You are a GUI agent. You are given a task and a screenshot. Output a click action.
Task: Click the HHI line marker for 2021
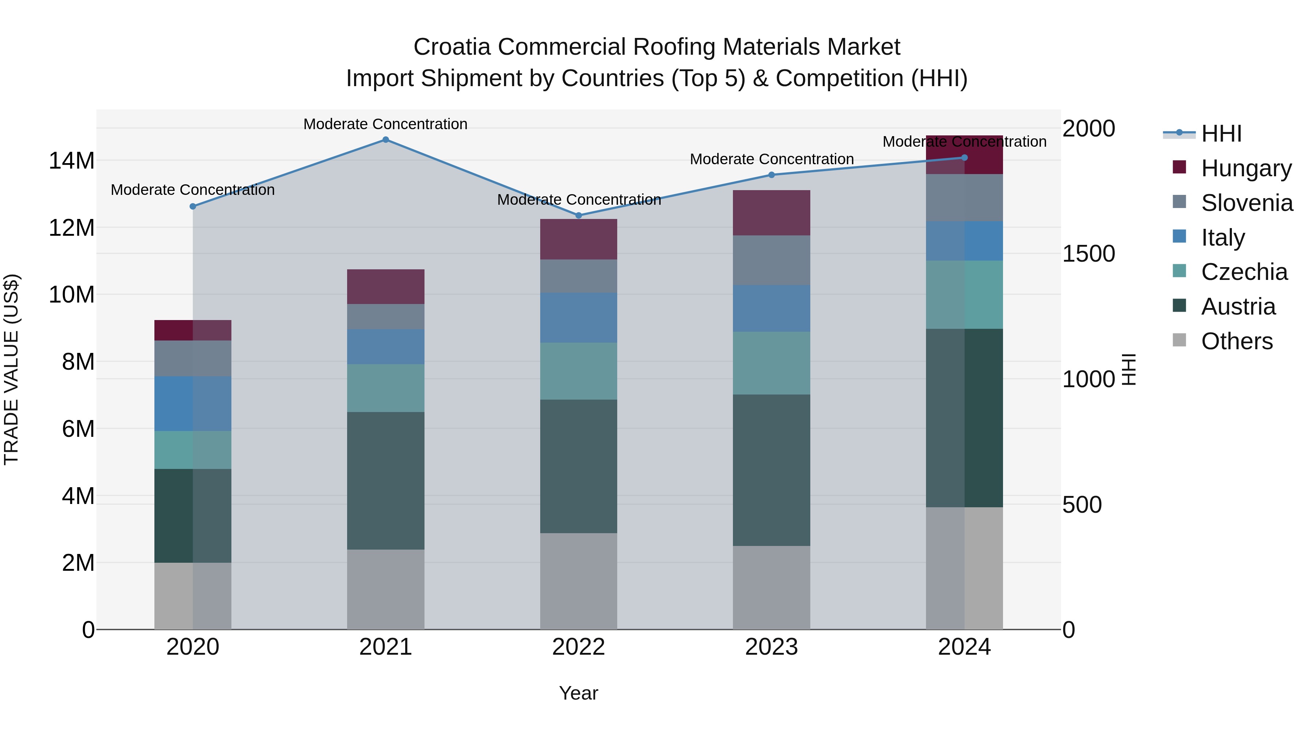click(386, 140)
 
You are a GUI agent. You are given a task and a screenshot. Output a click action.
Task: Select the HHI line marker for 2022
click(579, 215)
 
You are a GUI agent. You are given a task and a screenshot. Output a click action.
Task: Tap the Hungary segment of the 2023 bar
click(771, 213)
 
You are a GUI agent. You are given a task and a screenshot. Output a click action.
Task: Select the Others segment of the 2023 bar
click(771, 588)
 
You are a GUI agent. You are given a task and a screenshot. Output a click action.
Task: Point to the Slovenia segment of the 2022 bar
click(579, 276)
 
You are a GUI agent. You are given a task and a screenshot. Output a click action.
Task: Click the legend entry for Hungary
click(1246, 168)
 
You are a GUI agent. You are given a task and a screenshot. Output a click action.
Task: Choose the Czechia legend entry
click(1244, 272)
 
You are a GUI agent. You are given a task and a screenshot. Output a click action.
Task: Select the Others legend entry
click(1237, 341)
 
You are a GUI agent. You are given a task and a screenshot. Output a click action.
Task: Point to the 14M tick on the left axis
click(72, 161)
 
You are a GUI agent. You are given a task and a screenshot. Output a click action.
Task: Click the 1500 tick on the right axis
click(1088, 254)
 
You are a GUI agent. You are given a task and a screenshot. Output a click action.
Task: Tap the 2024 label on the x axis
click(964, 647)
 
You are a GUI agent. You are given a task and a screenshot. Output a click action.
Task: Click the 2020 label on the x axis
click(193, 647)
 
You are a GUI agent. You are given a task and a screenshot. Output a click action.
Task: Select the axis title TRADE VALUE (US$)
click(11, 369)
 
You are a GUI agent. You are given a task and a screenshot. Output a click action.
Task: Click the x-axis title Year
click(579, 693)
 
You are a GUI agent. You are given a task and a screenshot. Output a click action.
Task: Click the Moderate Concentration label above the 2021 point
click(386, 124)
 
